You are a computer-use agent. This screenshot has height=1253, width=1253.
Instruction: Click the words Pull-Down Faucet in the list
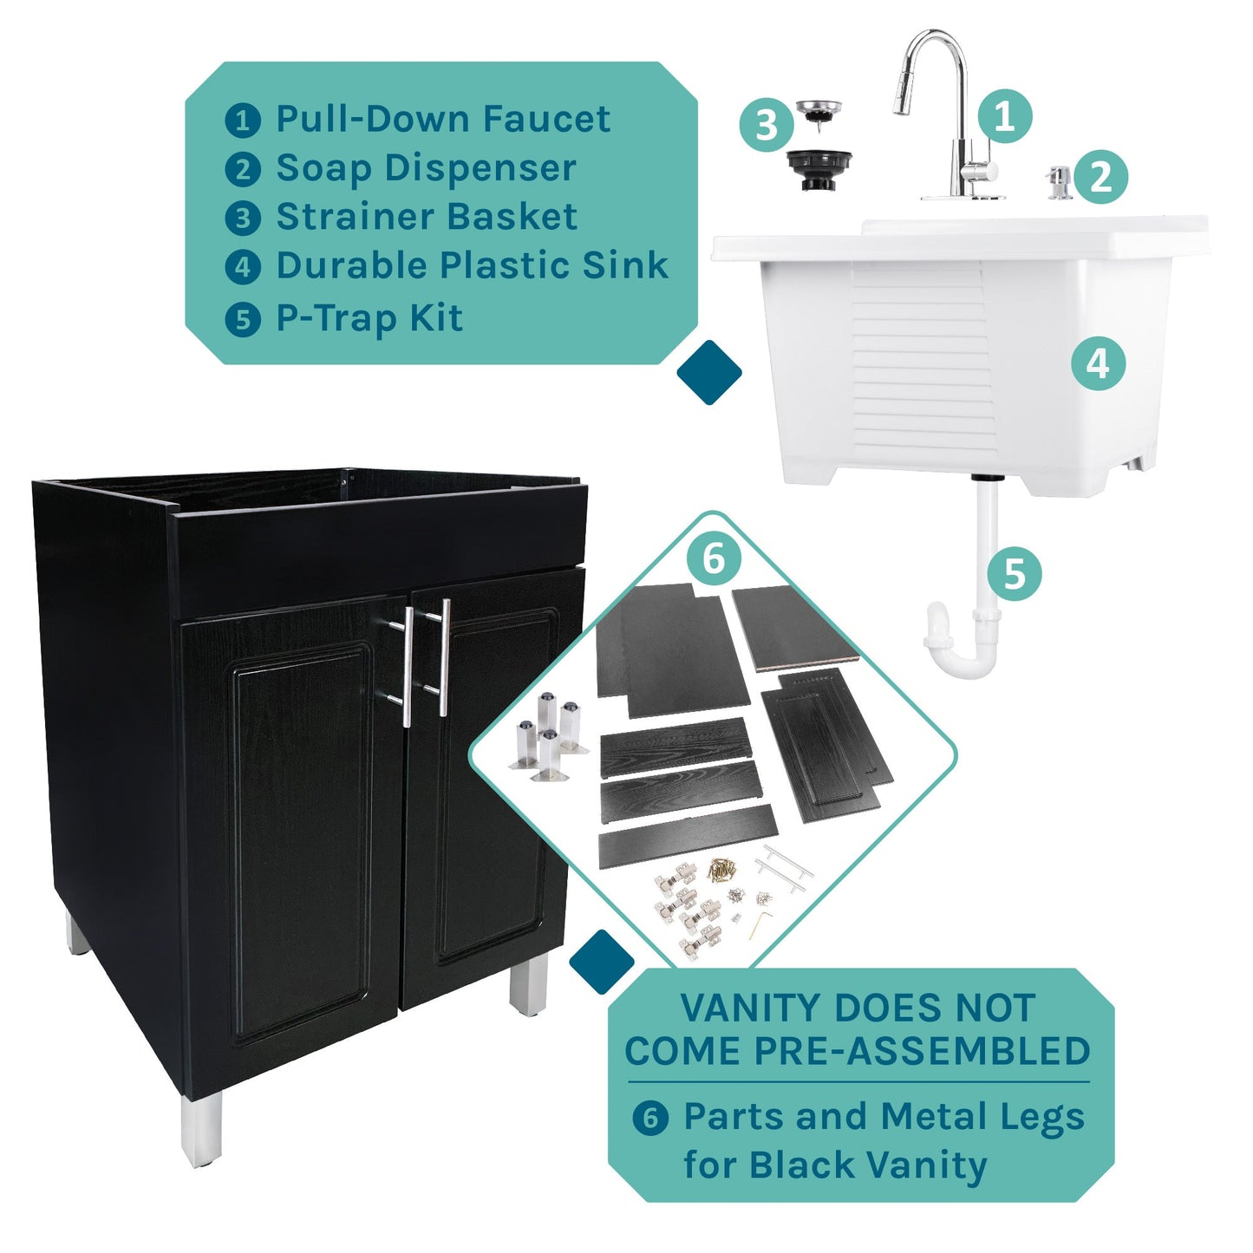coord(442,119)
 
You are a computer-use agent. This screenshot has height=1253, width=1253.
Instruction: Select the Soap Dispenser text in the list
coord(426,168)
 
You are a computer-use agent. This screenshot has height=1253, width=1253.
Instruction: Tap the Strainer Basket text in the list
coord(426,217)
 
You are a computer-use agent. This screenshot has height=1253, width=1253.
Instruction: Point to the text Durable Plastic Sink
coord(472,265)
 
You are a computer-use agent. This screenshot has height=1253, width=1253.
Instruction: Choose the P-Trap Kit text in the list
coord(369,317)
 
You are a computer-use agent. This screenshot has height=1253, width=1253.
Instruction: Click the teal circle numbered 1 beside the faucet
coord(1005,115)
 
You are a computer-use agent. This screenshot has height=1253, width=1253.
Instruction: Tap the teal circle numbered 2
coord(1100,177)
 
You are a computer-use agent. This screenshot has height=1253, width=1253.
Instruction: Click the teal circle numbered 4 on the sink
coord(1098,363)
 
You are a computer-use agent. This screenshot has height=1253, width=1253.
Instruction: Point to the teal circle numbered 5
coord(1015,573)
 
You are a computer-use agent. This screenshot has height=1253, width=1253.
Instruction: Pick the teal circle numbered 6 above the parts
coord(714,558)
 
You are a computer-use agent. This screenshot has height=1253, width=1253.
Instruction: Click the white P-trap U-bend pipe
coord(961,646)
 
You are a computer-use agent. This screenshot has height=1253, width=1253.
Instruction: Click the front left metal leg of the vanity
coord(202,1128)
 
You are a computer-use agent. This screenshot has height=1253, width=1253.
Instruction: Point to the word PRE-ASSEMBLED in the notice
coord(922,1051)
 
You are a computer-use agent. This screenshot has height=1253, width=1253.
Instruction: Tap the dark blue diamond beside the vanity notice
coord(602,962)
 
